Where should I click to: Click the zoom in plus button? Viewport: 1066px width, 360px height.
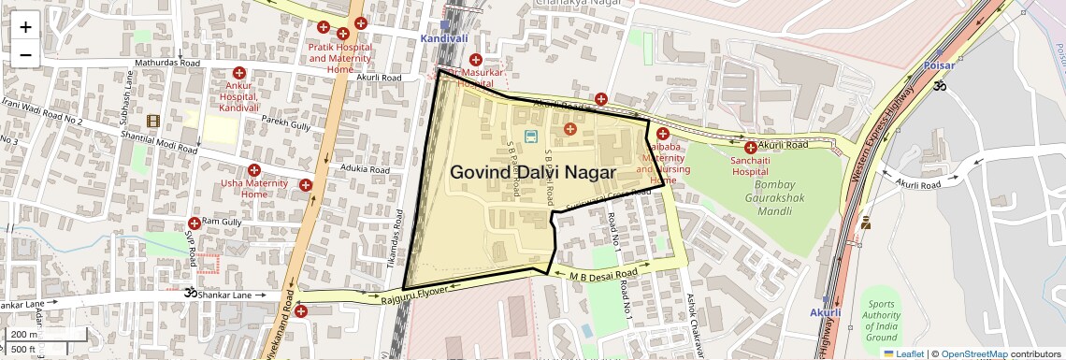pyautogui.click(x=25, y=26)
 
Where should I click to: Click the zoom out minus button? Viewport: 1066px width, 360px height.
pyautogui.click(x=25, y=54)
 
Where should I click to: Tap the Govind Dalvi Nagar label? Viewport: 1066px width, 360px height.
pyautogui.click(x=532, y=173)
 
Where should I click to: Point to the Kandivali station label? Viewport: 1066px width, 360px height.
pyautogui.click(x=444, y=39)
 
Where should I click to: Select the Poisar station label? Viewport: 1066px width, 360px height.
pyautogui.click(x=938, y=65)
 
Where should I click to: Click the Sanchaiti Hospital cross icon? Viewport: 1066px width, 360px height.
pyautogui.click(x=750, y=147)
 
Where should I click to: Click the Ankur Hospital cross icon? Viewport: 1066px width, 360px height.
pyautogui.click(x=238, y=73)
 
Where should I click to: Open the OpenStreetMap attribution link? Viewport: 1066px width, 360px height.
pyautogui.click(x=974, y=353)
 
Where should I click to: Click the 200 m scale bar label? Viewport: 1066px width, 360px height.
pyautogui.click(x=25, y=334)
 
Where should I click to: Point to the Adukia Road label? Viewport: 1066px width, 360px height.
pyautogui.click(x=365, y=169)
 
